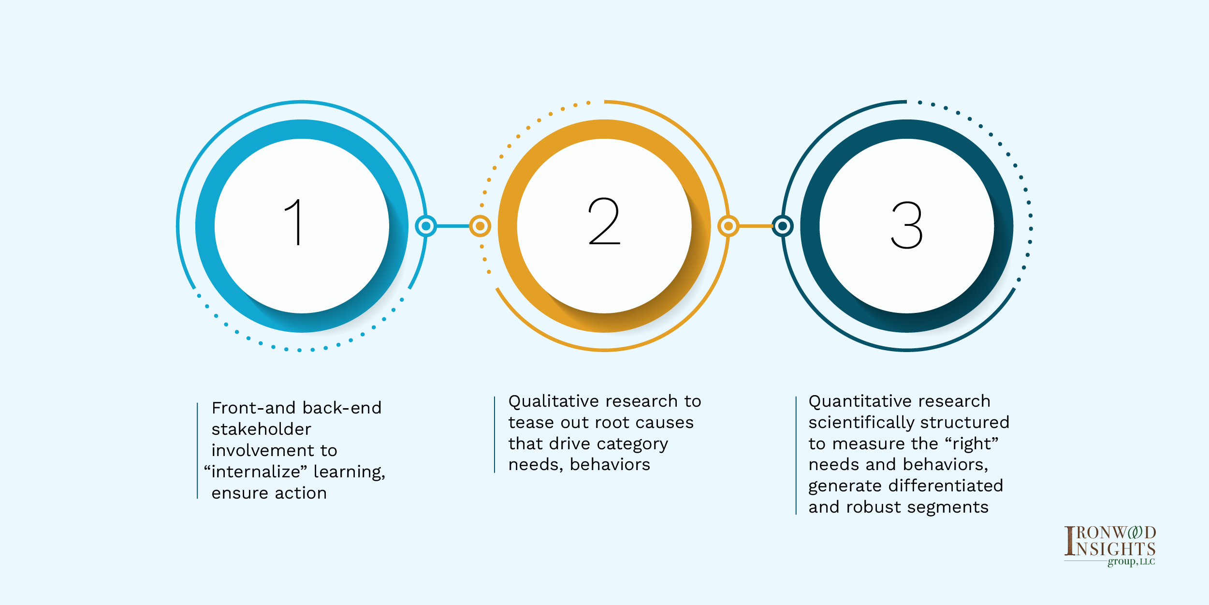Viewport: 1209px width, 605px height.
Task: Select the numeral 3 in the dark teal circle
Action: (907, 225)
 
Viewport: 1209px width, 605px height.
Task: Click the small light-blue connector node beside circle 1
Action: (426, 226)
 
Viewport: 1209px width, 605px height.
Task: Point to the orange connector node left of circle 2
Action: (480, 226)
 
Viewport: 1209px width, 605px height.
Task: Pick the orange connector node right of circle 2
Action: (728, 226)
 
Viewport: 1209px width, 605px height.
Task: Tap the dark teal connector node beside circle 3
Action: (783, 226)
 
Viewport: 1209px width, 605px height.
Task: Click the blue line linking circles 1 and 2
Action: (453, 226)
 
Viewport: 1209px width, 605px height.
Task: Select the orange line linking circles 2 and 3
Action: (756, 226)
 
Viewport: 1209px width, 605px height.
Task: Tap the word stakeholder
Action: (262, 429)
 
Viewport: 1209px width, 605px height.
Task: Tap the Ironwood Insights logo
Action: (1110, 546)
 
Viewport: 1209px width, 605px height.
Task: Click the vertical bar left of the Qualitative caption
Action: (495, 434)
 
